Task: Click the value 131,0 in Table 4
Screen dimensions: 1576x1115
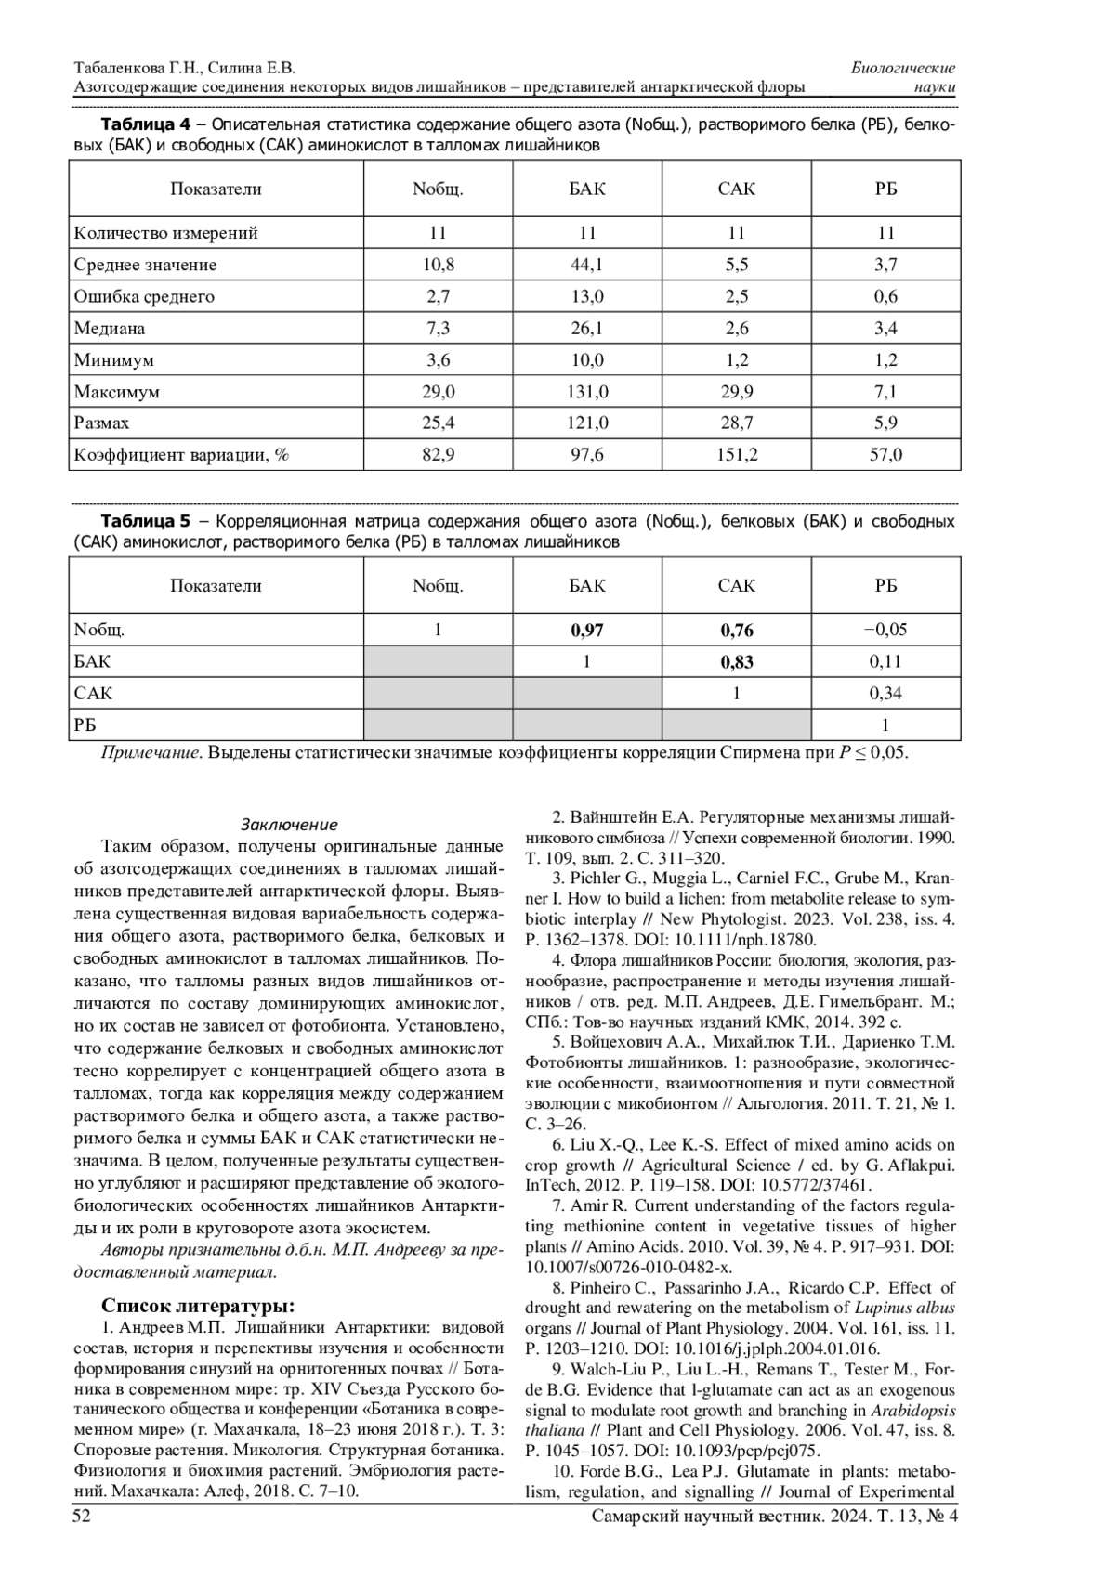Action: click(587, 392)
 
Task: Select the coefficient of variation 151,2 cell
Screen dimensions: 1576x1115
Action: click(737, 455)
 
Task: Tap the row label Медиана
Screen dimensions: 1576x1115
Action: click(110, 329)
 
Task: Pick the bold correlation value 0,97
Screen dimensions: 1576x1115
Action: click(587, 631)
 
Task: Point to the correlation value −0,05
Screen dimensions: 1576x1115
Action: click(885, 630)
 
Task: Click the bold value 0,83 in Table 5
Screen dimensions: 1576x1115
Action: click(737, 662)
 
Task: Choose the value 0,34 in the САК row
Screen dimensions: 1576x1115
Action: click(885, 693)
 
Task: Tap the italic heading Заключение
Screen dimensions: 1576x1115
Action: click(289, 825)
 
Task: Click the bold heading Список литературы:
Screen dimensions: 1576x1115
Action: click(199, 1301)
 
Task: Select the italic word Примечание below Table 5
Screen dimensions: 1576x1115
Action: click(150, 753)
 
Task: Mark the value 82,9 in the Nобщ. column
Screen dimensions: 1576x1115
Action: click(439, 455)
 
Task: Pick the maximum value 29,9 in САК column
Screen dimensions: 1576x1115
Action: click(737, 392)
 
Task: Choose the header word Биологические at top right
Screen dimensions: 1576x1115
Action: click(903, 69)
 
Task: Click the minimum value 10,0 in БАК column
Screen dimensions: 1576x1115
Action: click(587, 360)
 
